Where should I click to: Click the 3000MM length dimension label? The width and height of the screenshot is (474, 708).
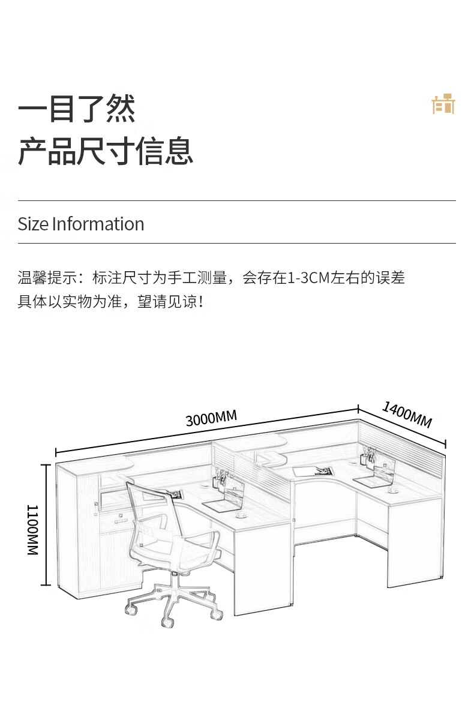click(211, 418)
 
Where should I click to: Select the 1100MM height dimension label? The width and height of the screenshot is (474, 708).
click(32, 530)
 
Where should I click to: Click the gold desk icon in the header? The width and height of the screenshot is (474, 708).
click(443, 104)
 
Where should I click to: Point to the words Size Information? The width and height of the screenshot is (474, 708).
click(81, 224)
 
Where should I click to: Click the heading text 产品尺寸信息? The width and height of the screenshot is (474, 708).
click(106, 151)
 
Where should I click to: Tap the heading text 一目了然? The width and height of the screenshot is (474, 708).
click(77, 109)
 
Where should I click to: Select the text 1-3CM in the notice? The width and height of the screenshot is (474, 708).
click(308, 278)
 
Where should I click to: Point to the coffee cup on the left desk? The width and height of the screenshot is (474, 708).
click(240, 514)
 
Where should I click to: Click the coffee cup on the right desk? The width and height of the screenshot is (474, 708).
click(393, 489)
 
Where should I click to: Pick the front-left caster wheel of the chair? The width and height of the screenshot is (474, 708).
click(130, 610)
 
